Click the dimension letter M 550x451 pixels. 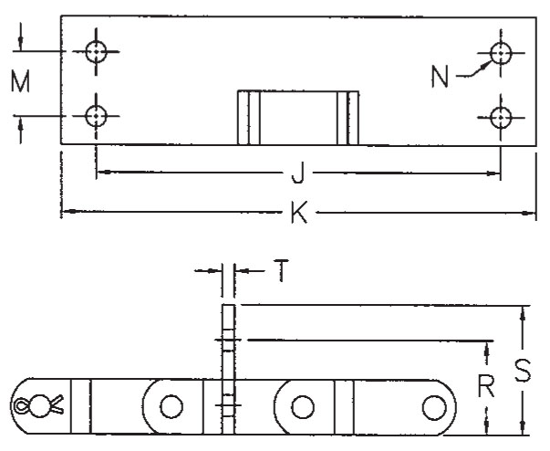coord(20,81)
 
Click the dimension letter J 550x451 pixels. coord(297,173)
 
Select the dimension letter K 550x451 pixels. coord(299,212)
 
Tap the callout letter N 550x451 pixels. coord(440,77)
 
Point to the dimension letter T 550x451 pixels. coord(281,270)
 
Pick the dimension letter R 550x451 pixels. coord(486,385)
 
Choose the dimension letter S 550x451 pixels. coord(523,371)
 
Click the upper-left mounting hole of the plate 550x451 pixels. coord(96,52)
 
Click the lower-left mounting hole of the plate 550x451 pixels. coord(96,116)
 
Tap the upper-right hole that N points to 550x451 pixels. coord(501,53)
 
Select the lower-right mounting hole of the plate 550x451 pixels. coord(501,118)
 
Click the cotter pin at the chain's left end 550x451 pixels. coord(38,405)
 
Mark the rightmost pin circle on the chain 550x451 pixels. coord(434,407)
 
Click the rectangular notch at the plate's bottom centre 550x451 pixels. coord(298,118)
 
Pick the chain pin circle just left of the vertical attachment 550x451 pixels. coord(171,406)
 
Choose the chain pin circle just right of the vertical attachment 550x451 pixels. coord(303,407)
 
